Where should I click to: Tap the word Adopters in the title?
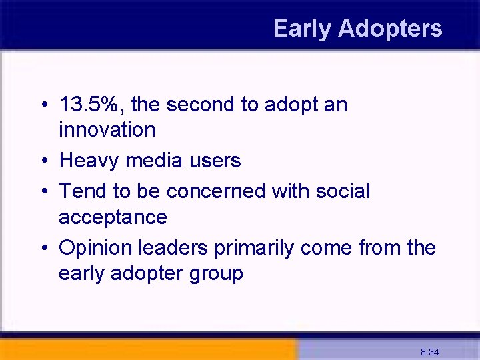[390, 29]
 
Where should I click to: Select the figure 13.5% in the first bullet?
[94, 105]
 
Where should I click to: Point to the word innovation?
[107, 129]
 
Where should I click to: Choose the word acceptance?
[113, 217]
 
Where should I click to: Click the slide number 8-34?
[429, 351]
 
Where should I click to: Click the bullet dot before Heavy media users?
[43, 161]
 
